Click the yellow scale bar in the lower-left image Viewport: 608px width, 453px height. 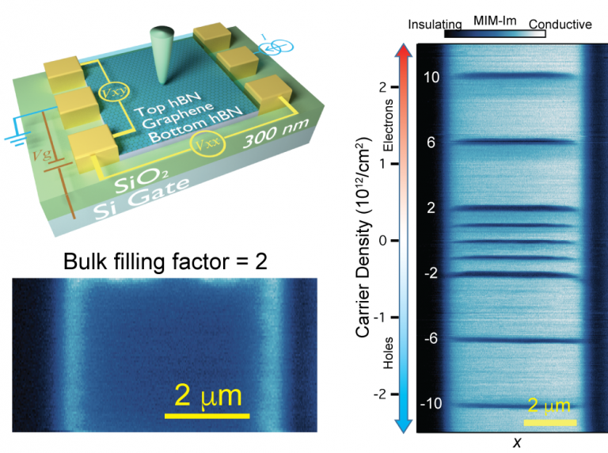point(207,415)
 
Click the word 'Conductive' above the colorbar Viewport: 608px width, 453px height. point(560,25)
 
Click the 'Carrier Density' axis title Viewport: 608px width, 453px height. point(363,238)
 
